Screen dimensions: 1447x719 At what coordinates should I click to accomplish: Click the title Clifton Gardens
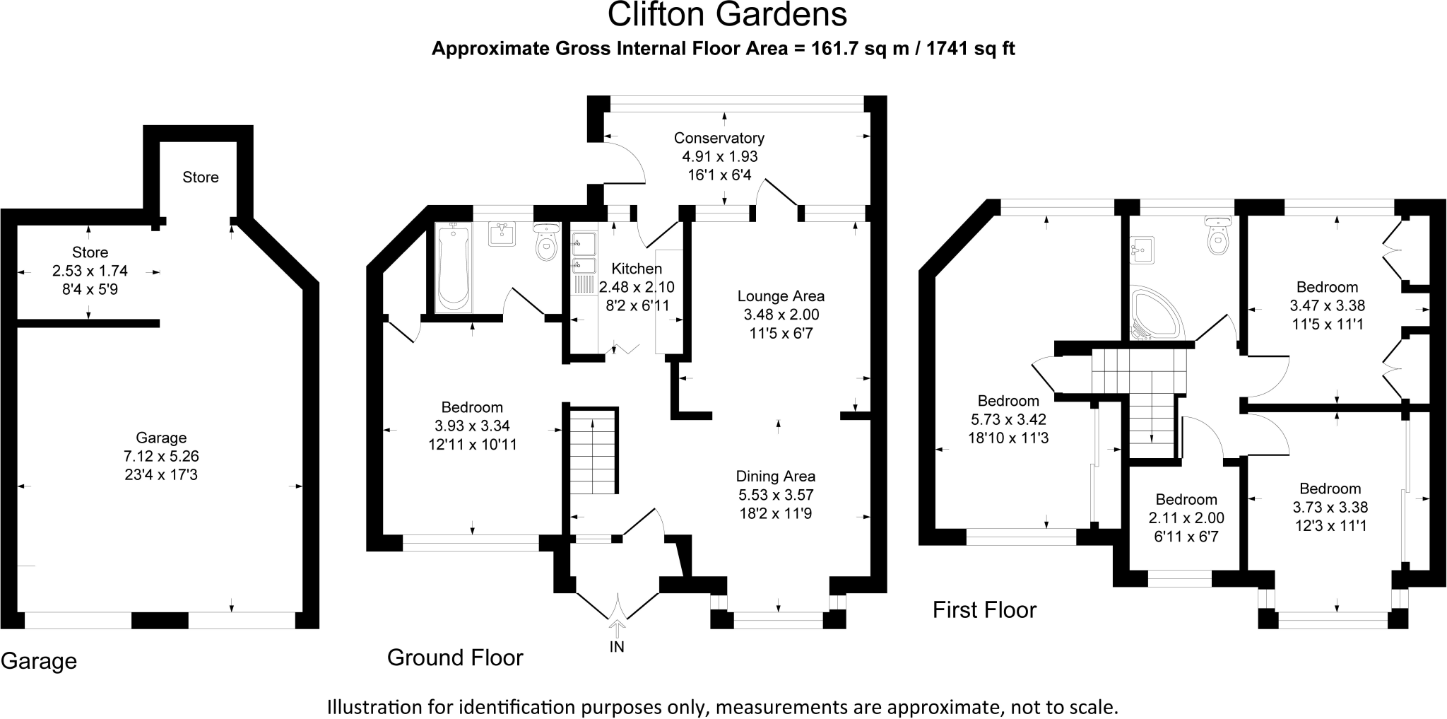[727, 15]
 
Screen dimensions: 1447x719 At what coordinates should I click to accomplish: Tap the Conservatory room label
[719, 138]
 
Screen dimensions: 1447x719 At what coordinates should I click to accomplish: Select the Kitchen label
[637, 269]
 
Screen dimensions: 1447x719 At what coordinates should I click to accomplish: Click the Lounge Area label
[781, 296]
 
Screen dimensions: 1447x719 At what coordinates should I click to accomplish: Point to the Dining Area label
[776, 477]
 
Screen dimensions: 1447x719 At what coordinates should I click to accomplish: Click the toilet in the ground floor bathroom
[546, 241]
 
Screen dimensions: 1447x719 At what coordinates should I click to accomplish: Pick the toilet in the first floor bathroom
[1218, 237]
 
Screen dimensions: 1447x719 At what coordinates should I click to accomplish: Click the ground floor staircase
[593, 450]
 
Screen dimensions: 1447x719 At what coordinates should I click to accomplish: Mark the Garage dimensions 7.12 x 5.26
[161, 457]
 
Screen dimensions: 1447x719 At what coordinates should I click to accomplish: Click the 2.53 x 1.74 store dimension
[90, 271]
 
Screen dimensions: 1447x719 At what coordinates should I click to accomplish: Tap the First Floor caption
[984, 609]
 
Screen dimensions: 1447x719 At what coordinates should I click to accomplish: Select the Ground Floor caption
[455, 657]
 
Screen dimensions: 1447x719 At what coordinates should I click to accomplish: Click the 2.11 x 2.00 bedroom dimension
[1186, 518]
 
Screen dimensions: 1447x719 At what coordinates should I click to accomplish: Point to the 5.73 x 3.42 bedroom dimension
[1008, 419]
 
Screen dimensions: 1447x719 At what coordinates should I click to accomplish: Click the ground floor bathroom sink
[502, 234]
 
